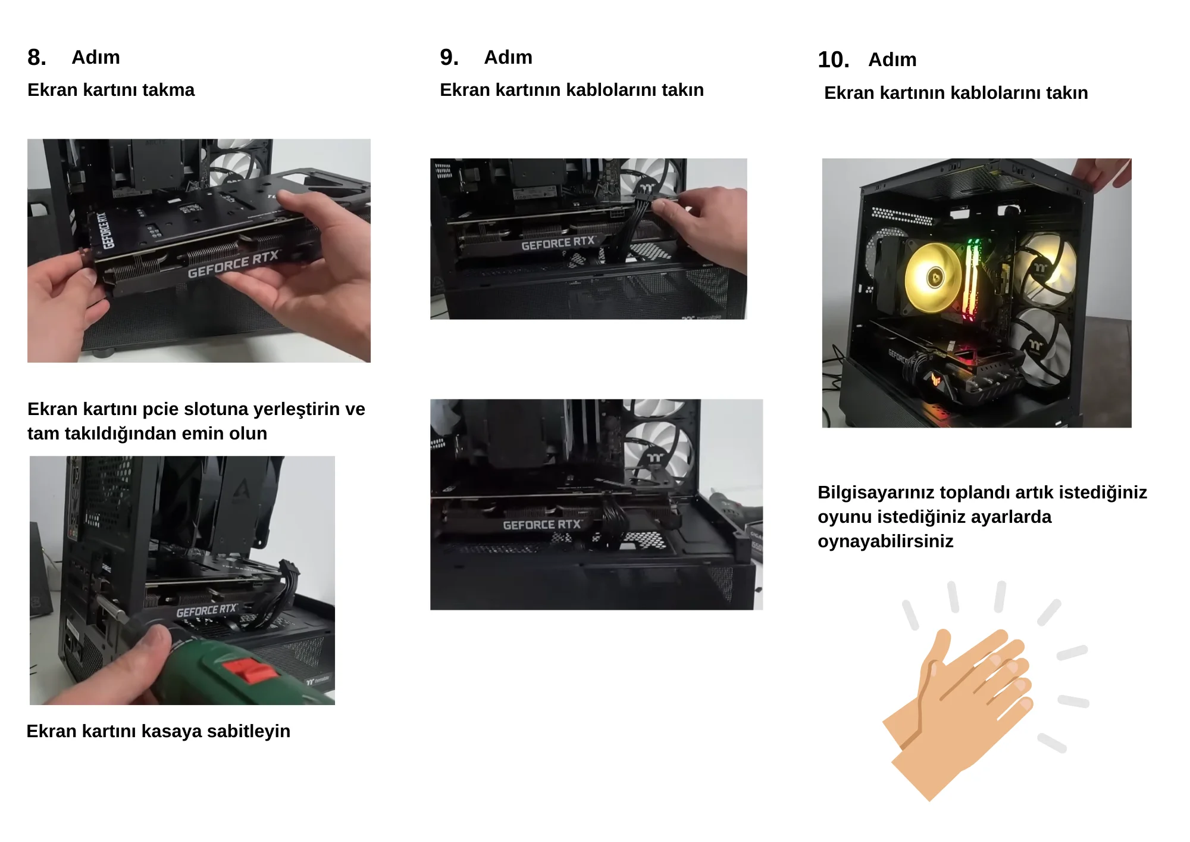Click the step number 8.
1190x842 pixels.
point(36,57)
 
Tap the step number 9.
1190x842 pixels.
point(449,57)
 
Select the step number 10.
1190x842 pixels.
point(833,60)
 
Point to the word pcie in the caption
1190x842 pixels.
point(161,410)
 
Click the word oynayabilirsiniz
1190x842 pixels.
point(885,541)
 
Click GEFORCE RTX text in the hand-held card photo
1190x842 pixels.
point(233,264)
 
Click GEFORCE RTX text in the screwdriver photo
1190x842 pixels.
point(206,611)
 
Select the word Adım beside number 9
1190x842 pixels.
point(508,57)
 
